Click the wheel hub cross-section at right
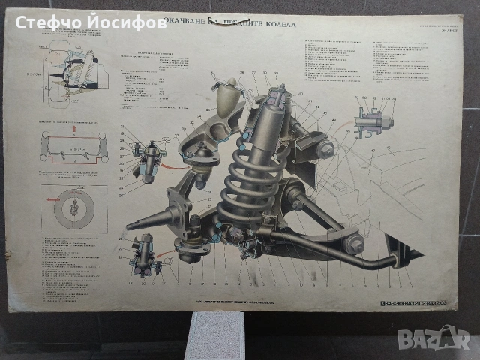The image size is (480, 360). tap(371, 120)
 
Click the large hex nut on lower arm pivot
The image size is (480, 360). tap(355, 243)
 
